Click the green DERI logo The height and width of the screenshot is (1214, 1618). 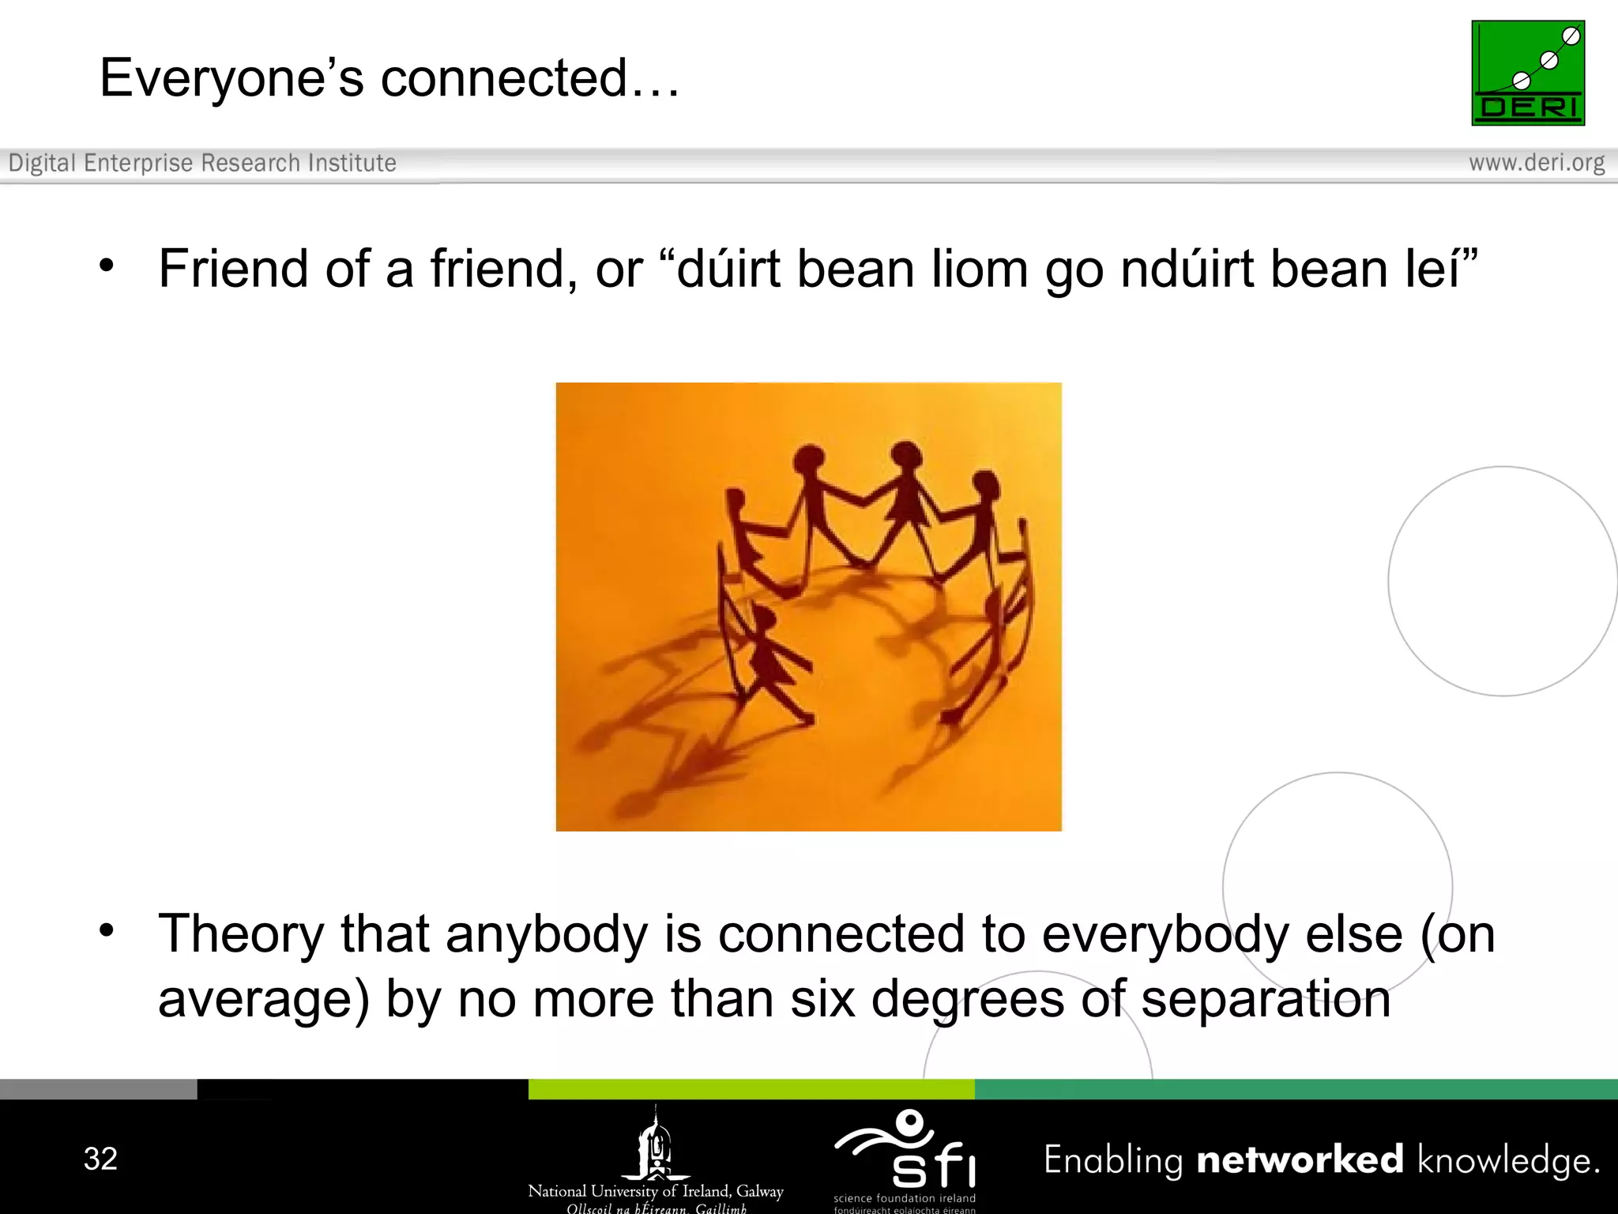click(x=1528, y=73)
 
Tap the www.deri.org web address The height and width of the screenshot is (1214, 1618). click(x=1537, y=163)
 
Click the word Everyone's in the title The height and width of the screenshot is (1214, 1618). click(x=231, y=79)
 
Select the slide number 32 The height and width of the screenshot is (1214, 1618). click(x=100, y=1159)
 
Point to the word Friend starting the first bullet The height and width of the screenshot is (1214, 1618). click(x=233, y=269)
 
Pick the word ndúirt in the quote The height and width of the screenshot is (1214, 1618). click(x=1187, y=269)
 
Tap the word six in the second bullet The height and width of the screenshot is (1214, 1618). click(x=822, y=999)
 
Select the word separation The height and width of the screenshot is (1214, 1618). click(x=1266, y=999)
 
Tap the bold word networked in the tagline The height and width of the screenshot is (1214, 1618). click(x=1300, y=1159)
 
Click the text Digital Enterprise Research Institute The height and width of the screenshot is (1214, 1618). click(x=202, y=163)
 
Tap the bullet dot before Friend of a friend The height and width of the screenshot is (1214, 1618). click(x=107, y=266)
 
